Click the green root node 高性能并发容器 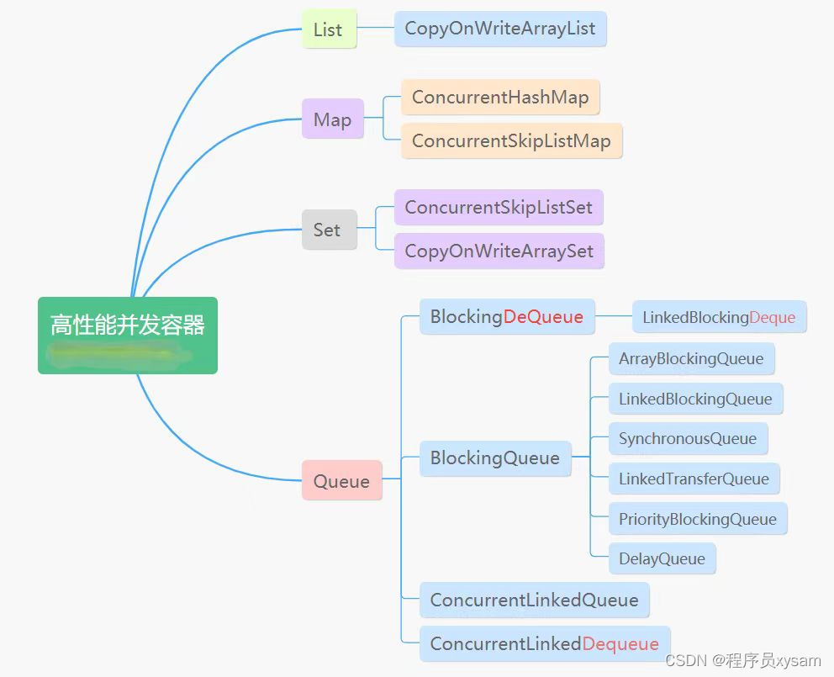click(128, 335)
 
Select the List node click(328, 29)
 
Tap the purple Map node click(332, 119)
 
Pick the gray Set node click(327, 230)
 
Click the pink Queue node click(341, 481)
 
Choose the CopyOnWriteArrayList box click(499, 29)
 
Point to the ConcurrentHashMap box click(500, 98)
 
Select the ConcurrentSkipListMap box click(511, 140)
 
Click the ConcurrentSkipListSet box click(499, 207)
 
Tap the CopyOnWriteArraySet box click(499, 251)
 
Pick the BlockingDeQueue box click(506, 317)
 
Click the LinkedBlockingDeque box click(719, 317)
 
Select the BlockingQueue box click(494, 458)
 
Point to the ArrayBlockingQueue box click(691, 359)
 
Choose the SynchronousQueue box click(688, 438)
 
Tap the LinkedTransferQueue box click(694, 479)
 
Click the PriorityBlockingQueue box click(697, 519)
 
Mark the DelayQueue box click(662, 558)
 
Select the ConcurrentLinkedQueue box click(534, 600)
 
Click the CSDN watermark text click(742, 661)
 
